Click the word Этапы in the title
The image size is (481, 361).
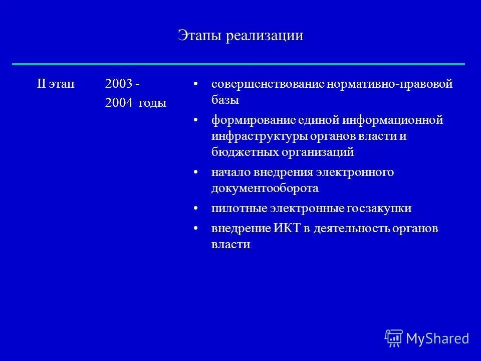click(199, 36)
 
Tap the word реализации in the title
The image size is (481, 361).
click(264, 36)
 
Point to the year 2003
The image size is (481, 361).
click(118, 84)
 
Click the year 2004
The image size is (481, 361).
click(118, 103)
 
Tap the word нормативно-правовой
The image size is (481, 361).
click(389, 84)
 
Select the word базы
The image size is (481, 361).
click(225, 99)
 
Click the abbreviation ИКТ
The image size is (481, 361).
click(287, 229)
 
